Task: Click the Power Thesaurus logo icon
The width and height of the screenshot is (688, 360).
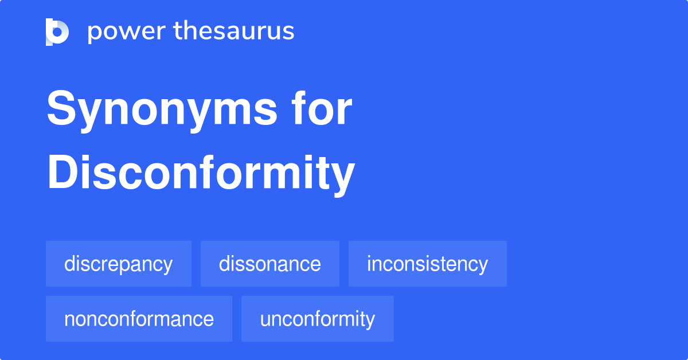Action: (57, 32)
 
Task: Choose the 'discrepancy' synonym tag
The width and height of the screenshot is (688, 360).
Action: (119, 264)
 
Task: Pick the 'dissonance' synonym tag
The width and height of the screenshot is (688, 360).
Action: (270, 264)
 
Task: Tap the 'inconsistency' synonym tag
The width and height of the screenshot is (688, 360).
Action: (428, 264)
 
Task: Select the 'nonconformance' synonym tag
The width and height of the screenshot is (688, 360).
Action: (139, 319)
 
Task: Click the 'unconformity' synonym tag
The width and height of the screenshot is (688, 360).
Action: (318, 319)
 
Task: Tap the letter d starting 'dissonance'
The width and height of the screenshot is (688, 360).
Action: (224, 264)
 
